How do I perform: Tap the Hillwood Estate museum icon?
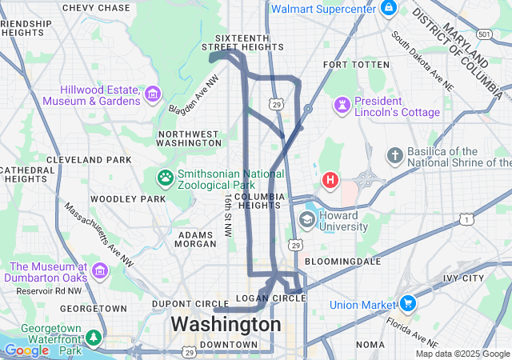pos(152,97)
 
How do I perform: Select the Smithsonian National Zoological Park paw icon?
pos(166,177)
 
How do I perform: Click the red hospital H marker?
pos(330,181)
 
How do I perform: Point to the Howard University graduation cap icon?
pos(306,219)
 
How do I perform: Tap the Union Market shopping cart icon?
pos(408,304)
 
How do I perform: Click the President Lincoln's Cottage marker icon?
pos(342,105)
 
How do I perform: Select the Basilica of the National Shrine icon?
pos(394,154)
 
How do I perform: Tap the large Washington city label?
pos(226,325)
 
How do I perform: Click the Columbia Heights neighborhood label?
pos(259,201)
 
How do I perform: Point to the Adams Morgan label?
pos(195,239)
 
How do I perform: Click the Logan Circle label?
pos(272,298)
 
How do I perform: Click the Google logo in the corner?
pos(26,350)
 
